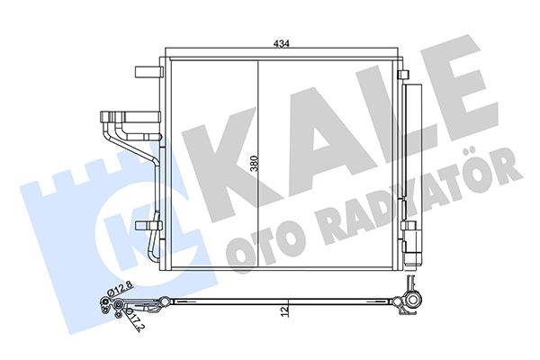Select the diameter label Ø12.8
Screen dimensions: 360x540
[121, 290]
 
